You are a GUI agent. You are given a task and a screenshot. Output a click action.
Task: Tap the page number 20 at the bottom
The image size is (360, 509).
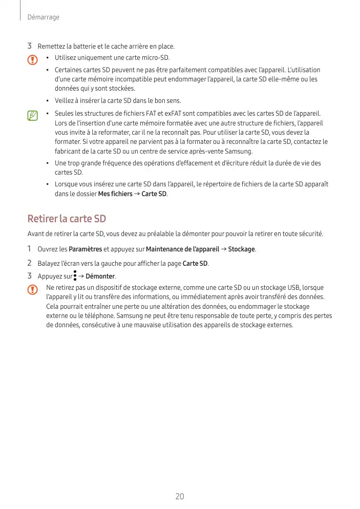(x=180, y=496)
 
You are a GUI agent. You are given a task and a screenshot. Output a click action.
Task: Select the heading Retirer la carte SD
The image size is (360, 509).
(x=67, y=219)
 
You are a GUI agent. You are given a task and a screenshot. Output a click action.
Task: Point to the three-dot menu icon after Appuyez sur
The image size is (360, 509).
(x=75, y=277)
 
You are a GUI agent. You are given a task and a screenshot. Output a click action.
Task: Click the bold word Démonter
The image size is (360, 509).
(x=100, y=277)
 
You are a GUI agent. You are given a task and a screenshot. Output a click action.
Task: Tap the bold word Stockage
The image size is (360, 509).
(x=241, y=249)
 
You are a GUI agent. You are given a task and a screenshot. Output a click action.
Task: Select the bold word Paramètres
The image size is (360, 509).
(x=86, y=249)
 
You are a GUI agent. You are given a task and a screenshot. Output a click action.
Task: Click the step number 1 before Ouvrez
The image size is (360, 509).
(x=30, y=249)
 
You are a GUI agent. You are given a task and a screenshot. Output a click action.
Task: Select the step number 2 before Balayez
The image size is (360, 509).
(x=30, y=263)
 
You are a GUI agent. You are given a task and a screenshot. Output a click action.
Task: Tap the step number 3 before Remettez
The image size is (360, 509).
(x=30, y=47)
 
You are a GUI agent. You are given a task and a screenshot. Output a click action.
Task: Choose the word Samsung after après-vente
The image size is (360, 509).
(x=239, y=152)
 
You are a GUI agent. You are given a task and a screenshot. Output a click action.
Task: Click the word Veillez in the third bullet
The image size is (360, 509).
(x=65, y=100)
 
